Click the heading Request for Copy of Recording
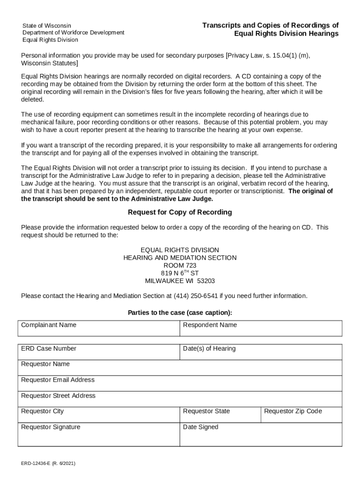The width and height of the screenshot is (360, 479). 180,212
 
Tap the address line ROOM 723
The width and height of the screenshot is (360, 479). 180,266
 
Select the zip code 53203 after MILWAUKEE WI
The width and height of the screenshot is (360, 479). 206,281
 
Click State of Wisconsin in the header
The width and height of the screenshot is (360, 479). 47,25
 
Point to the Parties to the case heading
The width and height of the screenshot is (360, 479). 180,312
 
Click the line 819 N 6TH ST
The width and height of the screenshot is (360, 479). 180,273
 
